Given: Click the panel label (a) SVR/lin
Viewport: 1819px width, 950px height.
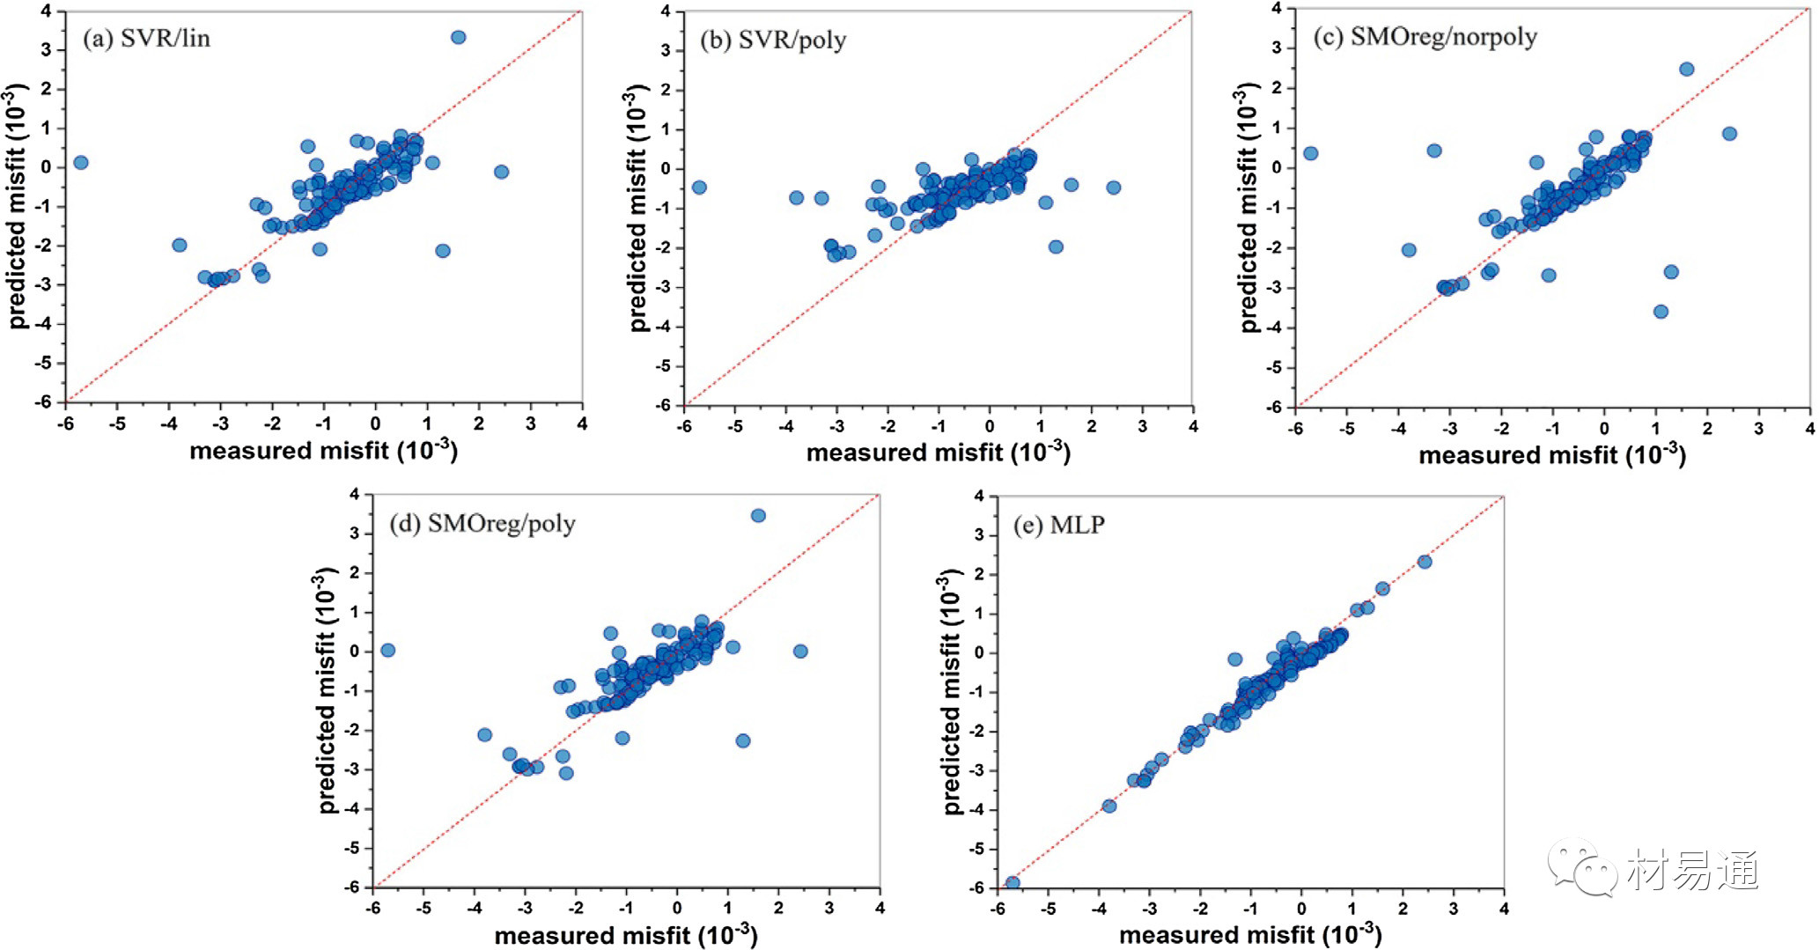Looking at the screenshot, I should click(x=146, y=39).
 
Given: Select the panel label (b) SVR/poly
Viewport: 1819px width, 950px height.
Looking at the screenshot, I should click(x=772, y=40).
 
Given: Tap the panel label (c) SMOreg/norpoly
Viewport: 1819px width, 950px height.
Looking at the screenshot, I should click(x=1425, y=36).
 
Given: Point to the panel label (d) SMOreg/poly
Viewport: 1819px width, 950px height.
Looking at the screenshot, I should click(x=482, y=524).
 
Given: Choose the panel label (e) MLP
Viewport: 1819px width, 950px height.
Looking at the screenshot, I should click(x=1058, y=525).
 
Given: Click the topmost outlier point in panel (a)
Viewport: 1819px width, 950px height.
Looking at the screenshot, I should click(x=458, y=37).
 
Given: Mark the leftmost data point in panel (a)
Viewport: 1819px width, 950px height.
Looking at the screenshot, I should click(x=80, y=163).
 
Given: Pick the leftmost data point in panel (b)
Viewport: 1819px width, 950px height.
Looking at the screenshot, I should click(x=699, y=188).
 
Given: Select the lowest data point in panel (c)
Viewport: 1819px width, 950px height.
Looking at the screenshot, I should click(x=1661, y=312).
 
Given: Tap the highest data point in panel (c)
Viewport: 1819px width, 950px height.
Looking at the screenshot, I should click(x=1686, y=70).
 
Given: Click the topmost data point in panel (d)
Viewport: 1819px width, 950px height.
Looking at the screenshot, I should click(x=758, y=516).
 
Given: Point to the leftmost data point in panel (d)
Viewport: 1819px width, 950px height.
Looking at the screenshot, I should click(x=387, y=651).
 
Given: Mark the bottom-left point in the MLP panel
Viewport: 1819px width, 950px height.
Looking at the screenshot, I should click(x=1013, y=883).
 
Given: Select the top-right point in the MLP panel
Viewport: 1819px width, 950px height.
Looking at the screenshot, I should click(x=1425, y=562).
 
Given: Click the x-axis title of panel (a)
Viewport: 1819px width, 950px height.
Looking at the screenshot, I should click(x=323, y=451).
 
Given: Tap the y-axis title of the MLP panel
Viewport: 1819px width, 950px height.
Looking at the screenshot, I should click(x=951, y=691).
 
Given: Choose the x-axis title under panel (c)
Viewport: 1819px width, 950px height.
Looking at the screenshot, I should click(x=1551, y=455).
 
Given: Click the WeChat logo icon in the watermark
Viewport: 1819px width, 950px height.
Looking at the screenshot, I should click(x=1582, y=867).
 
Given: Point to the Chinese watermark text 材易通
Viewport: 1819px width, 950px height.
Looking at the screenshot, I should click(x=1691, y=871).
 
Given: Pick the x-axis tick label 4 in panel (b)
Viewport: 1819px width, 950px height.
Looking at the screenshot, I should click(x=1193, y=427).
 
